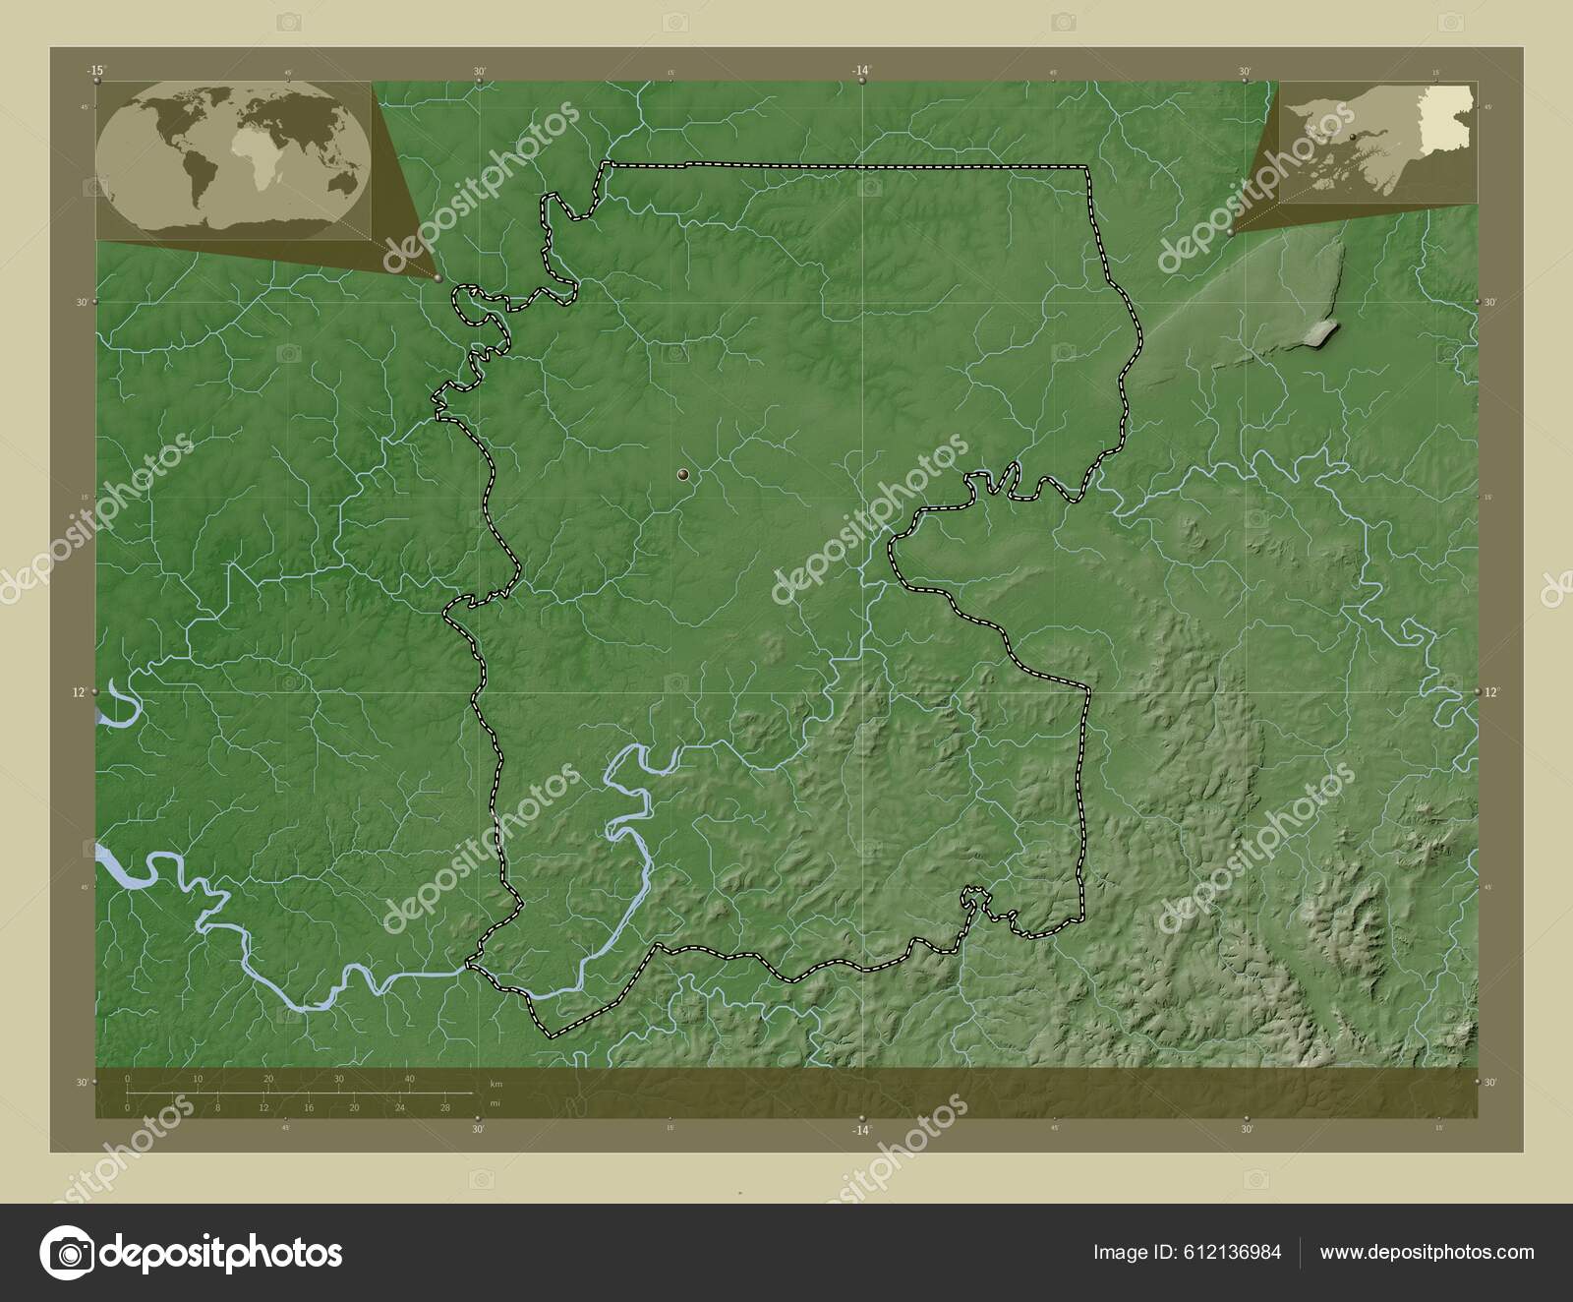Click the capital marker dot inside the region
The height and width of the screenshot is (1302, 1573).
tap(682, 476)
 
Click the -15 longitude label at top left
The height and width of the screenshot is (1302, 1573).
tap(95, 70)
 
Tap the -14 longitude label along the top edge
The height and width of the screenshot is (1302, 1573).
tap(861, 70)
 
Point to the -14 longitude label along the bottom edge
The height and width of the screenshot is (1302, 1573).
tap(861, 1130)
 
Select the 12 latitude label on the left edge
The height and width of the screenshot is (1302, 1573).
tap(80, 692)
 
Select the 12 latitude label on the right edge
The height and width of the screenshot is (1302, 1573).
tap(1491, 692)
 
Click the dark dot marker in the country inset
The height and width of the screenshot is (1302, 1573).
tap(1354, 136)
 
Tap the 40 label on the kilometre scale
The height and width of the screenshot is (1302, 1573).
tap(409, 1079)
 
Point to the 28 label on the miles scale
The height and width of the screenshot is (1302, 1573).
tap(444, 1108)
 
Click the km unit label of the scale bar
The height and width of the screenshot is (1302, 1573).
tap(496, 1083)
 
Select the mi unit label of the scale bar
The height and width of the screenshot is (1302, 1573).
tap(496, 1103)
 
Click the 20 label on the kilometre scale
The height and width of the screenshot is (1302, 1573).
tap(268, 1079)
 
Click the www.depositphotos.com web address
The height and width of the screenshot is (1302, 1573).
tap(1427, 1252)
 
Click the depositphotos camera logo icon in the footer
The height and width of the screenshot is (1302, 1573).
tap(67, 1253)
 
